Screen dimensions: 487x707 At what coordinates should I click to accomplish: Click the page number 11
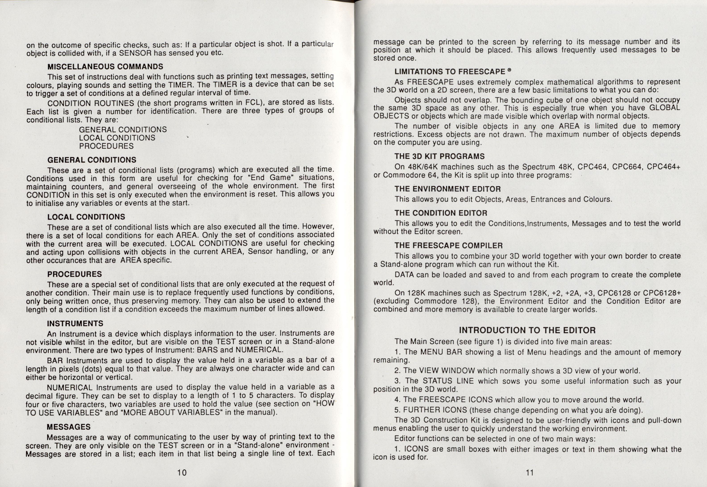(x=530, y=473)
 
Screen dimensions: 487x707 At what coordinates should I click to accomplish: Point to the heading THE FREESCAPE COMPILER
(x=448, y=246)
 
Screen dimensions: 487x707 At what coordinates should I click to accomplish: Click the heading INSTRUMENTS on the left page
(x=75, y=323)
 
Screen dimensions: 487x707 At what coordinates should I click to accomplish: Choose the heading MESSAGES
(x=69, y=427)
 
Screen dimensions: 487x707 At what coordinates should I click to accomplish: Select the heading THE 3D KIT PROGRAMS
(x=439, y=156)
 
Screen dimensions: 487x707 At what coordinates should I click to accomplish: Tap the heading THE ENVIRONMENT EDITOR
(x=447, y=189)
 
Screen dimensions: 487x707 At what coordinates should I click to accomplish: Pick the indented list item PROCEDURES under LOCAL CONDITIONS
(x=106, y=146)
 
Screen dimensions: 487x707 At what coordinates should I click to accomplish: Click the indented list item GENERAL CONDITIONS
(x=123, y=130)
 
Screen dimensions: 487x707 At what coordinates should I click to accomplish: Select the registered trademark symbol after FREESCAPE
(x=509, y=70)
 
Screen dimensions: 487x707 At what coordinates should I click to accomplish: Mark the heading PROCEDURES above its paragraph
(x=75, y=274)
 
